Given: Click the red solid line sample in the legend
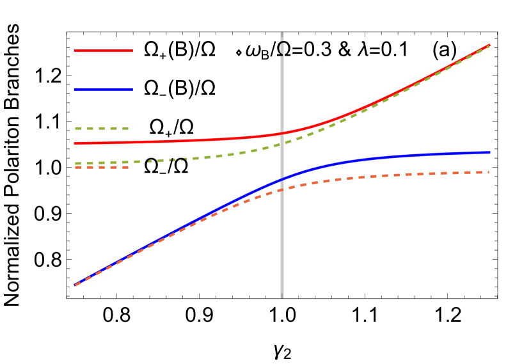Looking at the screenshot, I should pyautogui.click(x=103, y=51).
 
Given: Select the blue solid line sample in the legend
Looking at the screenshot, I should pyautogui.click(x=103, y=90).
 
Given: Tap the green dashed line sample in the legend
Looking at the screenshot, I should pyautogui.click(x=102, y=129).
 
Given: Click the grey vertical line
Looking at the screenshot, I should pyautogui.click(x=281, y=243).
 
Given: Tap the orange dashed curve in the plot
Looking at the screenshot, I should pyautogui.click(x=384, y=175).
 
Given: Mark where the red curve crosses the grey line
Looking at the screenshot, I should pyautogui.click(x=281, y=134).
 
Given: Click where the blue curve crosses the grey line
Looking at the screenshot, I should pyautogui.click(x=281, y=180).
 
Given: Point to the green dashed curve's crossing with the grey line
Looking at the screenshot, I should pyautogui.click(x=281, y=144).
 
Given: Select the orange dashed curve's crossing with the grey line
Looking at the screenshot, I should pyautogui.click(x=281, y=190).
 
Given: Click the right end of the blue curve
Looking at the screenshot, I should pyautogui.click(x=490, y=152).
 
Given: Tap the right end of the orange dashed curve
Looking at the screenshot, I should pyautogui.click(x=489, y=172).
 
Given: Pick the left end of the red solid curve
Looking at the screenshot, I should pyautogui.click(x=75, y=143).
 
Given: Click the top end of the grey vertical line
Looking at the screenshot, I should pyautogui.click(x=281, y=33).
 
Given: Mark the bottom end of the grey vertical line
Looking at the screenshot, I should pyautogui.click(x=281, y=297).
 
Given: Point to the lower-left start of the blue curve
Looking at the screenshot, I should pyautogui.click(x=75, y=285).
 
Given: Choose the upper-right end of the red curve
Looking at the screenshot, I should pyautogui.click(x=489, y=45).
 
